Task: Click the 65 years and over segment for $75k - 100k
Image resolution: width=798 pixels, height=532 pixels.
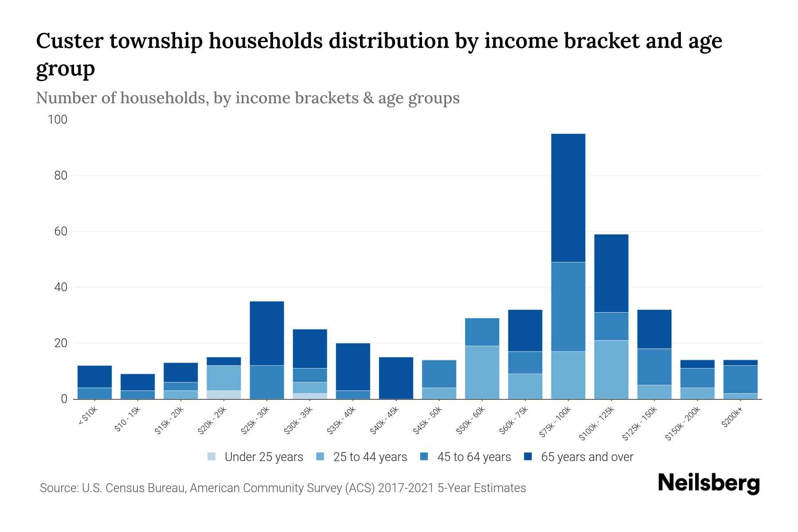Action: tap(568, 198)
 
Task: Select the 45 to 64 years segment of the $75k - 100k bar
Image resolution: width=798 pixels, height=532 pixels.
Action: tap(568, 307)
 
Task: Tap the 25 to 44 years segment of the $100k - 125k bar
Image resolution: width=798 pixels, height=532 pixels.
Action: tap(611, 370)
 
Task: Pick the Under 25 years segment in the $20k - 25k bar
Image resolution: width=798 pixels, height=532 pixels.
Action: tap(223, 395)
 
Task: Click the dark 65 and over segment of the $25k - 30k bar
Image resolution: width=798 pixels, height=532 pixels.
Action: tap(267, 333)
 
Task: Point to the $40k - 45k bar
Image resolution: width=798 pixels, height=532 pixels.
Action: tap(396, 378)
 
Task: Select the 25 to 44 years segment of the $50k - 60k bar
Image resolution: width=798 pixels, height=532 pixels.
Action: tap(482, 372)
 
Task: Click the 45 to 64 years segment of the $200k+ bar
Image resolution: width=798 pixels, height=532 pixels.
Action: tap(740, 379)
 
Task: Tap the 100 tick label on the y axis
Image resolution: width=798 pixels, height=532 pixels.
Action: tap(58, 120)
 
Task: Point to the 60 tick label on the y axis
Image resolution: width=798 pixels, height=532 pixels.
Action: tap(61, 231)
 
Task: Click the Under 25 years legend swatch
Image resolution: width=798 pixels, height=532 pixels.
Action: tap(212, 457)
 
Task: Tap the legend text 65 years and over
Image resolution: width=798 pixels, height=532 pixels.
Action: tap(587, 457)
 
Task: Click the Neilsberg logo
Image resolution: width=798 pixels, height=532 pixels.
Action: tap(708, 483)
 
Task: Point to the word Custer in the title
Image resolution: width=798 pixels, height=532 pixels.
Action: tap(69, 41)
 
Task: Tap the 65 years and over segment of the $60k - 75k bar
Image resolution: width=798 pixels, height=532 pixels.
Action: tap(525, 330)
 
